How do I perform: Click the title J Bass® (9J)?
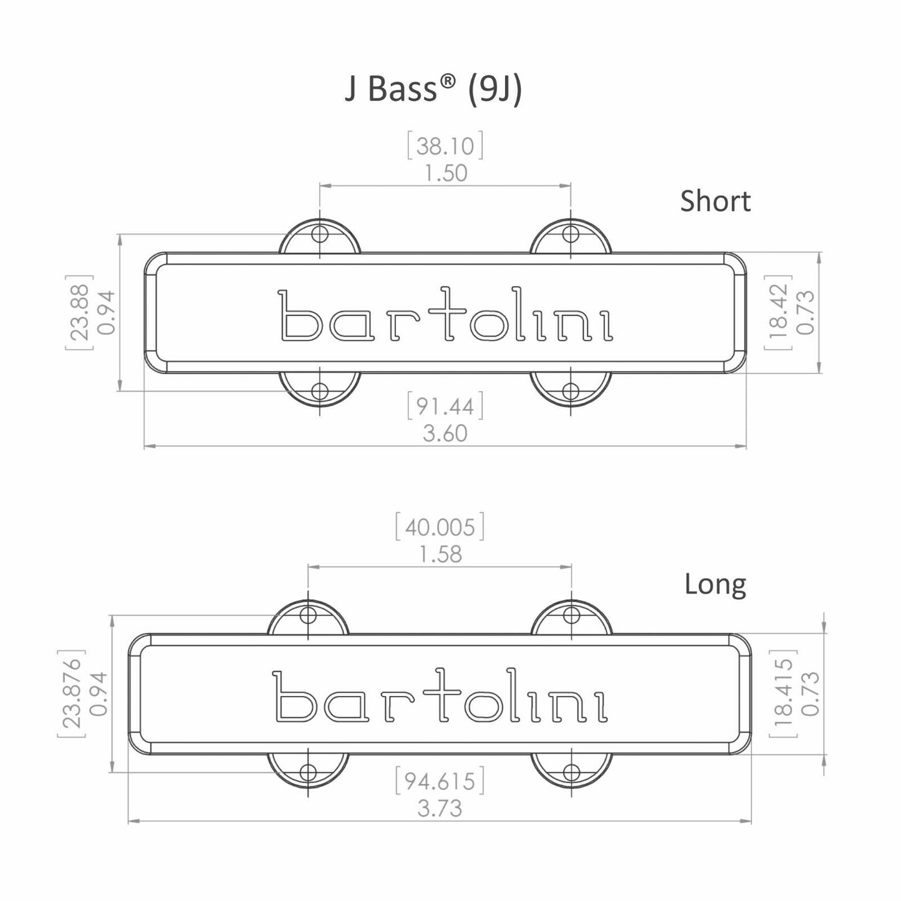click(433, 90)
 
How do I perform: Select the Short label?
click(715, 201)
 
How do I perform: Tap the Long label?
click(715, 584)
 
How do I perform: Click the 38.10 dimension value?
click(445, 146)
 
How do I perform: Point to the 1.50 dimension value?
click(445, 173)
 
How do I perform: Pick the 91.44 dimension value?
click(445, 407)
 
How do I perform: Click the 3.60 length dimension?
click(445, 433)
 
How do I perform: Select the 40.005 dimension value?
click(440, 528)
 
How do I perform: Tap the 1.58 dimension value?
click(440, 554)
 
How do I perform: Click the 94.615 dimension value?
click(440, 781)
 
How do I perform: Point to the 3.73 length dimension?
click(440, 809)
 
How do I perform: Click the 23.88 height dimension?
click(79, 312)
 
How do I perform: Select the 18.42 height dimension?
click(778, 312)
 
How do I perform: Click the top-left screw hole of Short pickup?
click(320, 234)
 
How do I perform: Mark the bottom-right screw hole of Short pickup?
click(571, 392)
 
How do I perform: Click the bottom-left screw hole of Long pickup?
click(307, 771)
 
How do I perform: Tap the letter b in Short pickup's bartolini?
click(297, 316)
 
